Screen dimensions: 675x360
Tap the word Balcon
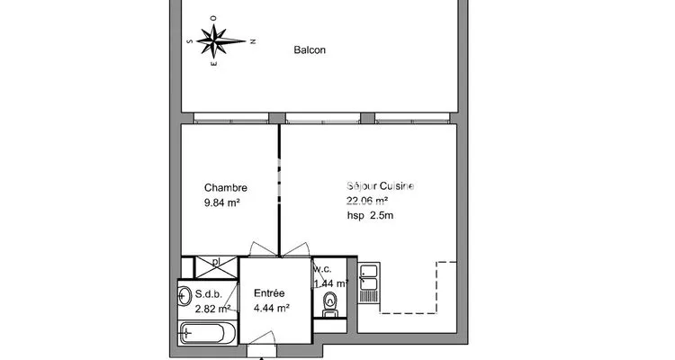(310, 50)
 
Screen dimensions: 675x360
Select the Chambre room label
(226, 188)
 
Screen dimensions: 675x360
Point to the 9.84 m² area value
(221, 202)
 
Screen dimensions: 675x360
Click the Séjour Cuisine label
(380, 186)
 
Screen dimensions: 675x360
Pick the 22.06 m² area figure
(367, 201)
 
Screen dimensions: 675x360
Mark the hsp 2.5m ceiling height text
(370, 215)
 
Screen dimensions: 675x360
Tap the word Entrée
(269, 293)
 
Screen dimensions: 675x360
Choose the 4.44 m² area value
(271, 309)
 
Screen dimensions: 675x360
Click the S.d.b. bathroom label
(209, 294)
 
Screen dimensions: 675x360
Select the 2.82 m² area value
(212, 309)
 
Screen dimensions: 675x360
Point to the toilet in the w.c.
(330, 304)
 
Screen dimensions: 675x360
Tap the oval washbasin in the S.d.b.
(184, 296)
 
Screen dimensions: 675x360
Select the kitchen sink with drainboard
(368, 283)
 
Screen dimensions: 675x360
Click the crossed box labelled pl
(217, 267)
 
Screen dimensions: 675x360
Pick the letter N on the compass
(253, 41)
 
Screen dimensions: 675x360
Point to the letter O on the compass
(213, 19)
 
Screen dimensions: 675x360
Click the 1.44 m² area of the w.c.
(330, 283)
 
